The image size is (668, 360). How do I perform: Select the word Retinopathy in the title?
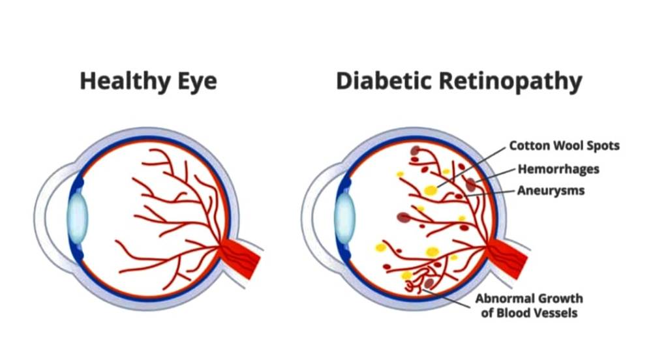(509, 82)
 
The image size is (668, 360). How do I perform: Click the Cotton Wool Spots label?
(564, 145)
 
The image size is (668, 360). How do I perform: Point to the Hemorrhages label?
(558, 170)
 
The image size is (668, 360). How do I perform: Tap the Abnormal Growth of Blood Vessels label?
(529, 305)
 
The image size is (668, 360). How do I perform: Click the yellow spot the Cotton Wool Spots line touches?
(431, 190)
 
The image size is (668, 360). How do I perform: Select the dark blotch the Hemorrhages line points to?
(471, 184)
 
